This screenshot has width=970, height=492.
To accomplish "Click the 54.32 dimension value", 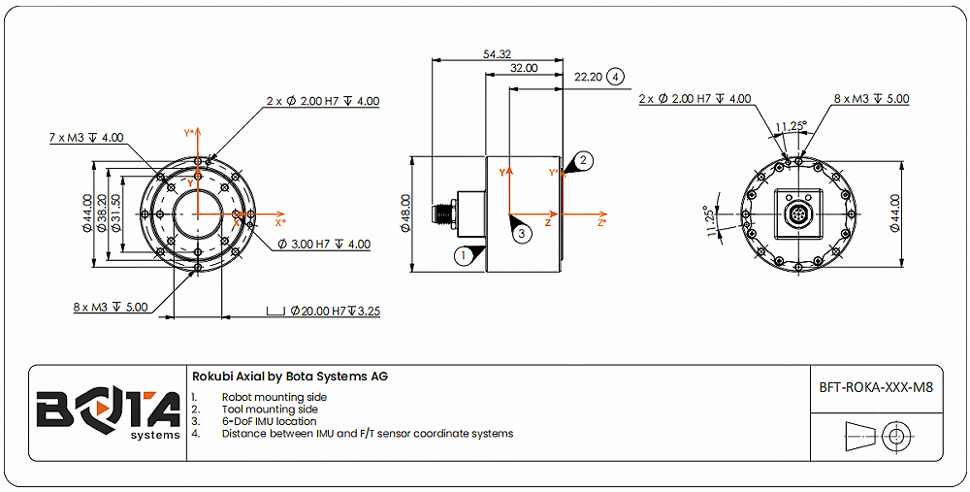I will coord(497,54).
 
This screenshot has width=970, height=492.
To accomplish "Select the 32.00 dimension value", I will coord(524,69).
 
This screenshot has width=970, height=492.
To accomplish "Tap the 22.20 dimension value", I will coord(589,76).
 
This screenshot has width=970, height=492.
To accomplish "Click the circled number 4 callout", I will coord(616,76).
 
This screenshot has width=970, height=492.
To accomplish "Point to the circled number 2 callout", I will coord(583,159).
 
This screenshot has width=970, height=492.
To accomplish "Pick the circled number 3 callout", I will coord(522,233).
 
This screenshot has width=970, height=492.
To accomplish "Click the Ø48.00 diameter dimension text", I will coord(405,213).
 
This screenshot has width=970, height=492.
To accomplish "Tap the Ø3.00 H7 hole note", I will coord(324,245).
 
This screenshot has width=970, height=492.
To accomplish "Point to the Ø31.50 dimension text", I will coord(115,214).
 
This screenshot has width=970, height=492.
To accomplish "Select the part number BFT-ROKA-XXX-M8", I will coord(876,386).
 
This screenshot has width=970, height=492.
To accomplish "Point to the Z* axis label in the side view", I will coord(601,223).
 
